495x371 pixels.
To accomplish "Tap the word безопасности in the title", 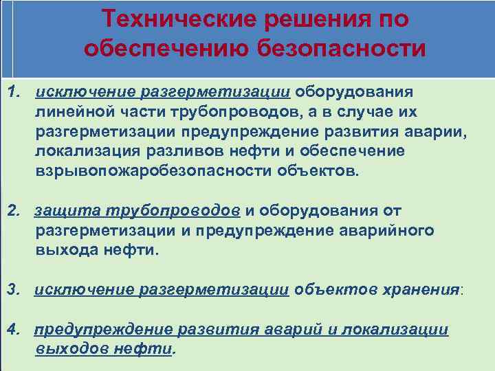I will tap(341, 49).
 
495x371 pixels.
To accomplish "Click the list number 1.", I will tap(13, 92).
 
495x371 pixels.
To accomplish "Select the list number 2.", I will tap(13, 210).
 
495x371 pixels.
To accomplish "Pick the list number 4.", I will tap(13, 330).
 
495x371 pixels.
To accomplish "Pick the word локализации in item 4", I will tap(396, 330).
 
